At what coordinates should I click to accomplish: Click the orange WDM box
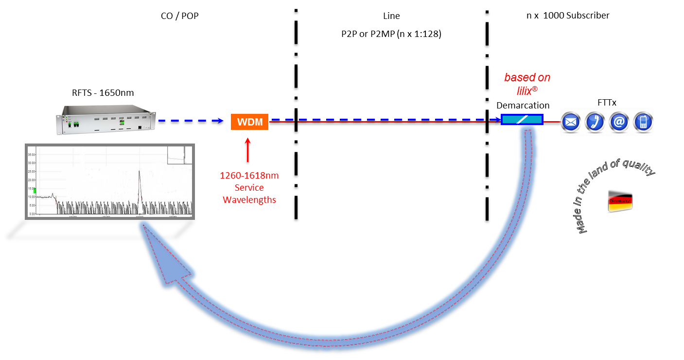pyautogui.click(x=249, y=122)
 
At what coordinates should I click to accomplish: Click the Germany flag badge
pyautogui.click(x=620, y=200)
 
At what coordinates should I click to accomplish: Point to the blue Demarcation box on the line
pyautogui.click(x=522, y=119)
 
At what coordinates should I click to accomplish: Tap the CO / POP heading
pyautogui.click(x=179, y=16)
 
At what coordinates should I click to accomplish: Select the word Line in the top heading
pyautogui.click(x=391, y=16)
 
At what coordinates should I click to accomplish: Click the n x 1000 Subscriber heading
pyautogui.click(x=568, y=16)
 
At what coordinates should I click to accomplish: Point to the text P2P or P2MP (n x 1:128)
pyautogui.click(x=391, y=34)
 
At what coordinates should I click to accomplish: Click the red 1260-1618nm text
pyautogui.click(x=249, y=175)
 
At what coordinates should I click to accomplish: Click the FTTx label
pyautogui.click(x=606, y=103)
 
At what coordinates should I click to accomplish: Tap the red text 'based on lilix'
pyautogui.click(x=527, y=83)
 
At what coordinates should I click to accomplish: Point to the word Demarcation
pyautogui.click(x=523, y=105)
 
